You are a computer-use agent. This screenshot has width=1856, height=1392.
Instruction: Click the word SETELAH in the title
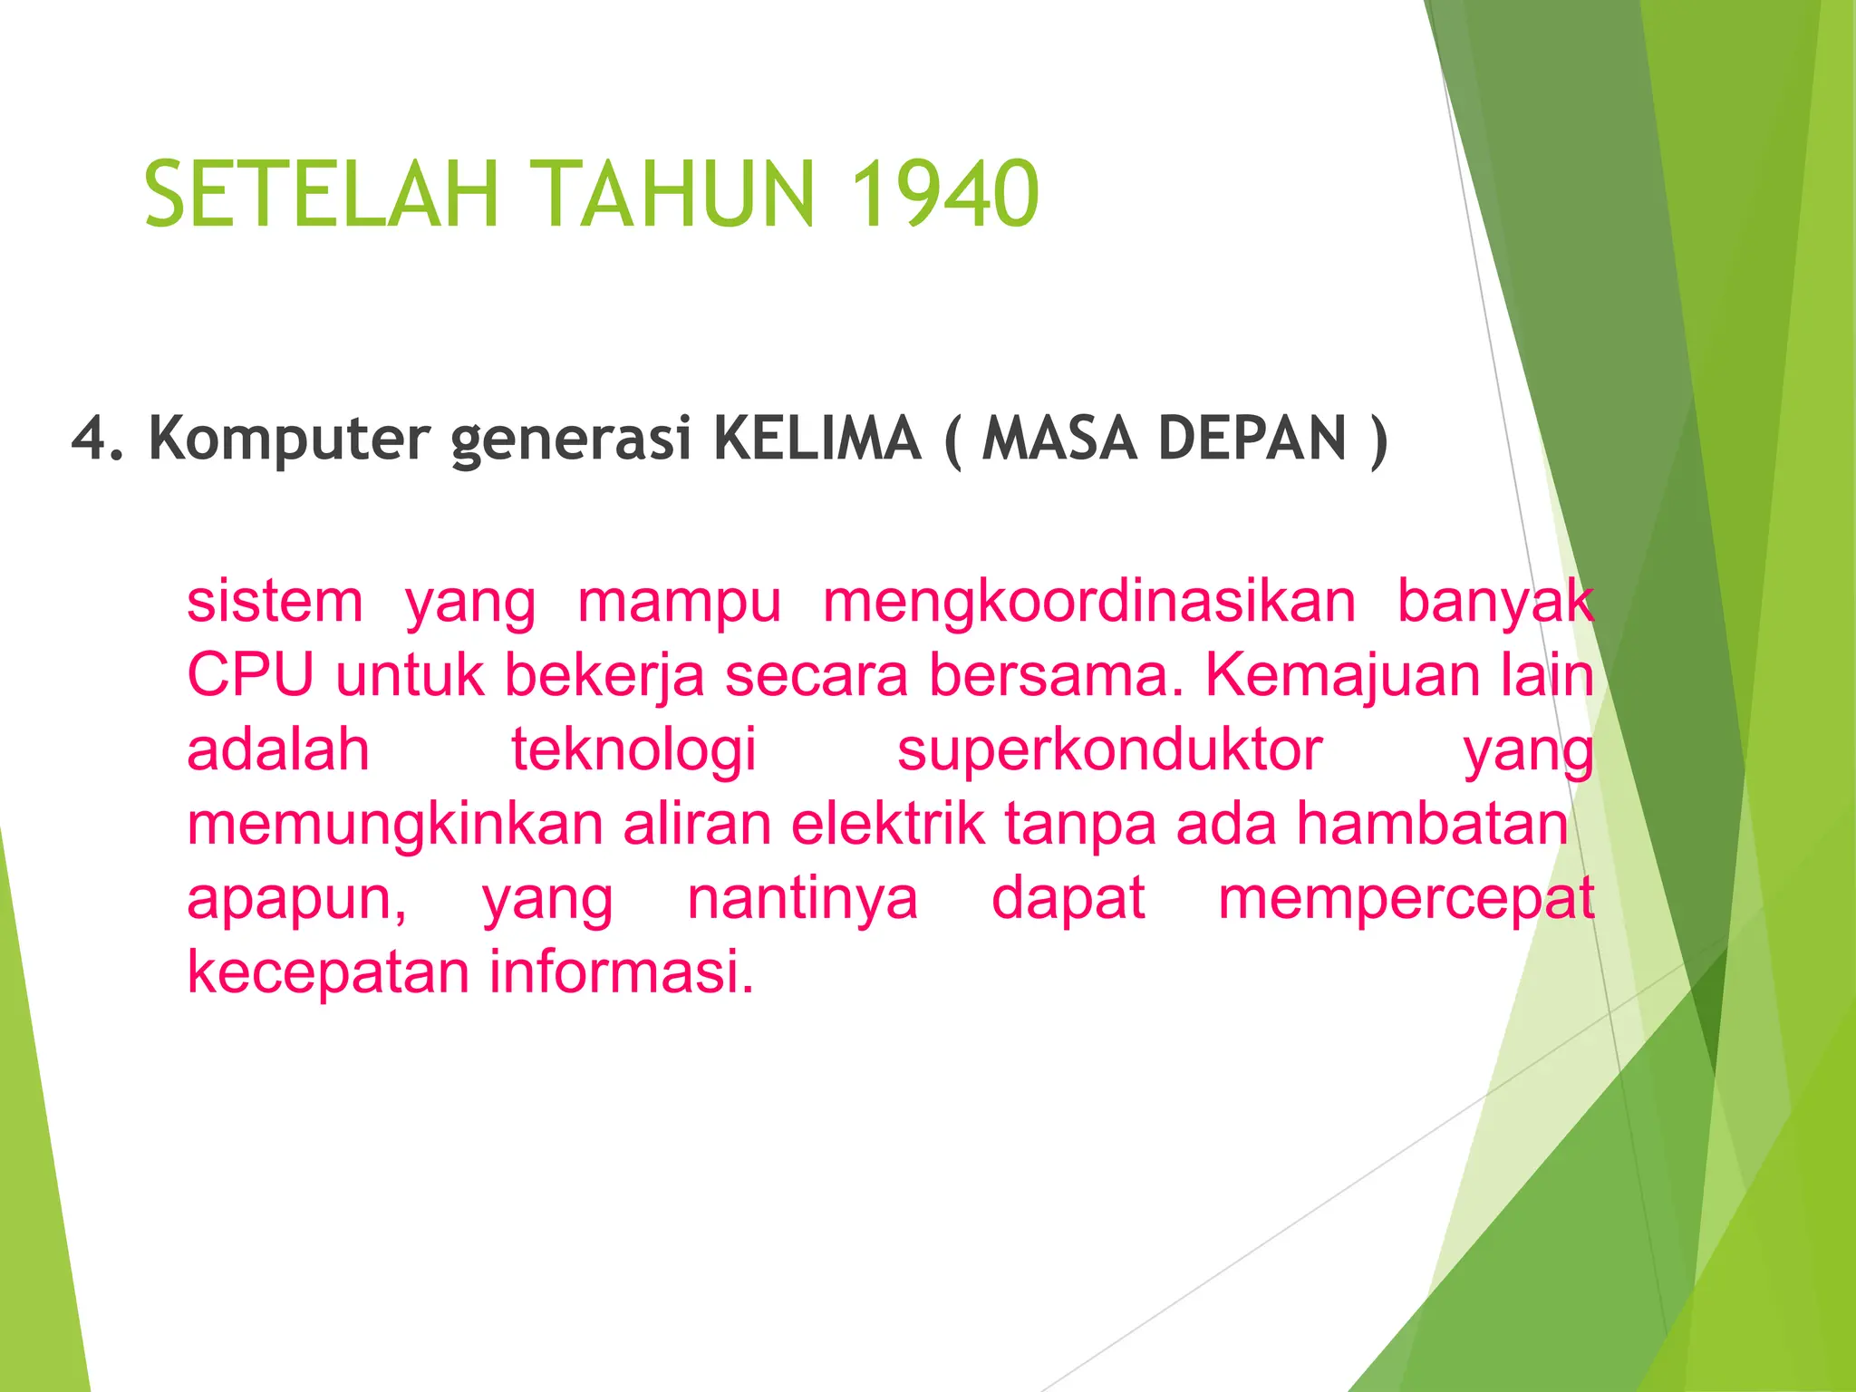(x=322, y=193)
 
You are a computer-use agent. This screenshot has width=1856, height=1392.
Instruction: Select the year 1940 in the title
(x=943, y=193)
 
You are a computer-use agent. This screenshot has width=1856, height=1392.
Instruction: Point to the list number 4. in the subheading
(x=97, y=439)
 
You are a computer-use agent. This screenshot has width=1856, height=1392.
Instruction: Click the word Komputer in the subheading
(x=289, y=440)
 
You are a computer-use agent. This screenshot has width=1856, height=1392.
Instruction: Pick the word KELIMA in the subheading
(x=817, y=439)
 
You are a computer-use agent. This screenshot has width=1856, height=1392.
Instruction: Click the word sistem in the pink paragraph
(x=275, y=602)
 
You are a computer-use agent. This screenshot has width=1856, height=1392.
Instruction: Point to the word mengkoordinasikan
(x=1089, y=602)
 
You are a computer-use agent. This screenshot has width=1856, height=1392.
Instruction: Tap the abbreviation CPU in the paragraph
(x=250, y=675)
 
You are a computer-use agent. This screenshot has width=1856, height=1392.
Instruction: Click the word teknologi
(x=633, y=750)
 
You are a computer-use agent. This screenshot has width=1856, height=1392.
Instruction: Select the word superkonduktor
(x=1109, y=750)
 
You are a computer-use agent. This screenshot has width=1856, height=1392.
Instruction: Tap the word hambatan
(x=1432, y=824)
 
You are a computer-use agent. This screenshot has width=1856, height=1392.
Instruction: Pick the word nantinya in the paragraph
(x=802, y=898)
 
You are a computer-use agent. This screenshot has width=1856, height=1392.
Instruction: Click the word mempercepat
(x=1406, y=900)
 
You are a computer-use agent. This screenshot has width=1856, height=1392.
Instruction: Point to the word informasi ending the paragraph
(x=621, y=971)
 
